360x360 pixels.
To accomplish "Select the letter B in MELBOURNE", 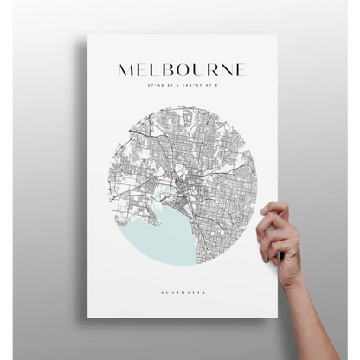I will (x=166, y=69).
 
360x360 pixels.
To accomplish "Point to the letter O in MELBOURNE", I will (x=182, y=69).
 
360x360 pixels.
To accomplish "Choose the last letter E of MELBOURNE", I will (x=240, y=69).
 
